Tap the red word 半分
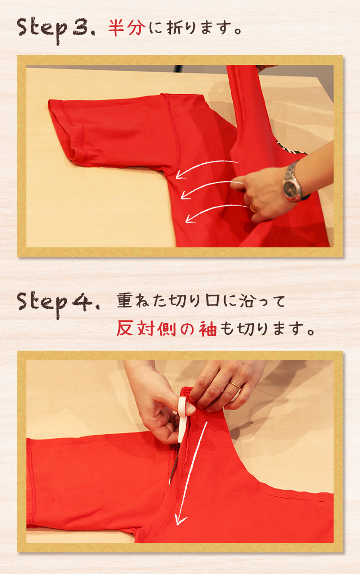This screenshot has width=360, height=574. click(x=127, y=27)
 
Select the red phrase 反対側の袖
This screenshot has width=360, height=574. click(x=167, y=329)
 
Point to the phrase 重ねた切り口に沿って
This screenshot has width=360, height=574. click(x=201, y=301)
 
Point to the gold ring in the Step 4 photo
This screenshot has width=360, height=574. click(x=235, y=385)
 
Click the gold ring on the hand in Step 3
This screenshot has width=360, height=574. click(x=253, y=208)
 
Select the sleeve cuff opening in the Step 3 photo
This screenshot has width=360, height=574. click(x=60, y=132)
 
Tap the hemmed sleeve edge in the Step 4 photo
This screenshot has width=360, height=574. click(x=31, y=483)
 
